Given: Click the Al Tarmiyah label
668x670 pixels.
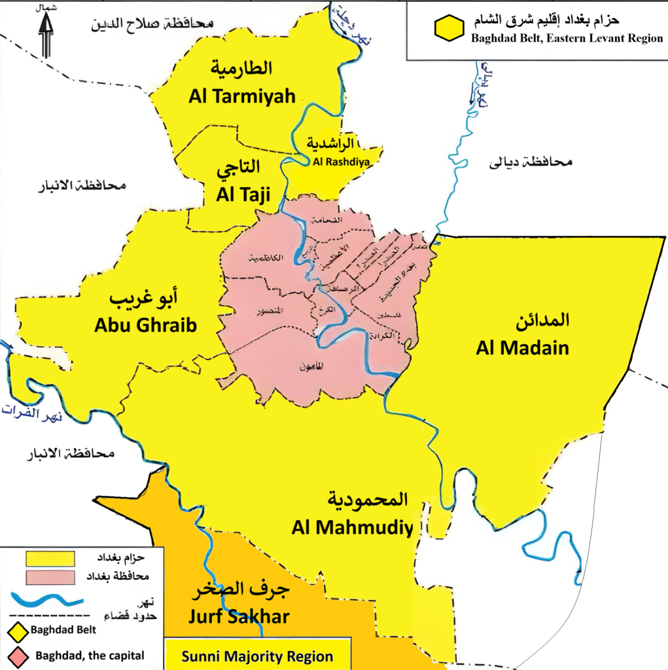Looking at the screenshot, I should (x=242, y=96).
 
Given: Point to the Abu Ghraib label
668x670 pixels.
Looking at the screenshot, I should (x=145, y=325).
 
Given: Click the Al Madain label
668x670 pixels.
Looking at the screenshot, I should (x=522, y=347).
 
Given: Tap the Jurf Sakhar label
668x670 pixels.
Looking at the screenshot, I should (x=239, y=616).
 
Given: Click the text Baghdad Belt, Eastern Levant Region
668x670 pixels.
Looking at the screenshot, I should (x=567, y=38).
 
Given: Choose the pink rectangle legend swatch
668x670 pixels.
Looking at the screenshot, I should (x=50, y=577).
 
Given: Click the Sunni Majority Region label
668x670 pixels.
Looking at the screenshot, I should (x=257, y=657).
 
